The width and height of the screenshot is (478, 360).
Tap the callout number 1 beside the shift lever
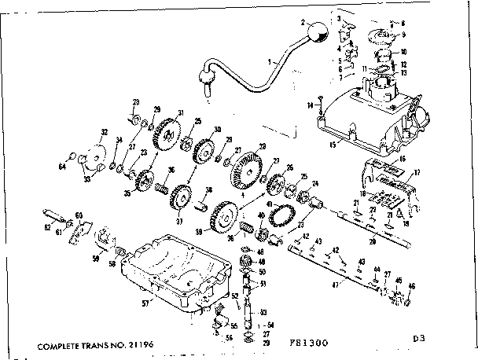[x=269, y=60]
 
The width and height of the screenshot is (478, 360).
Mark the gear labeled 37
[x=181, y=197]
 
